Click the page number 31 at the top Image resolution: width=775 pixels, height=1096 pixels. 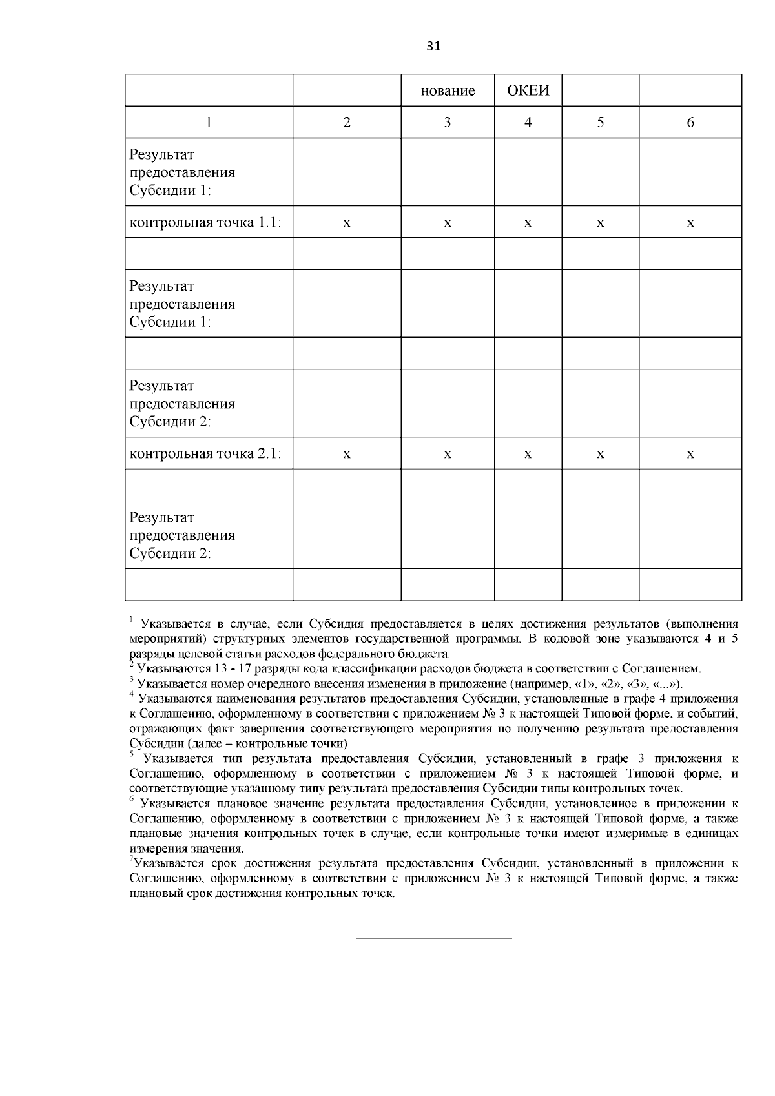(x=433, y=46)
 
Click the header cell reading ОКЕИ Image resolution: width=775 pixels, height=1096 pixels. (x=528, y=90)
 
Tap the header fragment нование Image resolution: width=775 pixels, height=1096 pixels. (x=448, y=91)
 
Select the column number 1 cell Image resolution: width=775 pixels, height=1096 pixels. (x=209, y=122)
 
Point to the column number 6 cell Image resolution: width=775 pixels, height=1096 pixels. (x=690, y=122)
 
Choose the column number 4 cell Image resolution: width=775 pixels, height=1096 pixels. (x=528, y=122)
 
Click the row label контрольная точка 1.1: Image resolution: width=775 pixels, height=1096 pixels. (x=205, y=222)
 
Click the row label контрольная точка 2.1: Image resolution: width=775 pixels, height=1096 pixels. (x=205, y=453)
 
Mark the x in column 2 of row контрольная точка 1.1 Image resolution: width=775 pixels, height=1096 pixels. (x=347, y=223)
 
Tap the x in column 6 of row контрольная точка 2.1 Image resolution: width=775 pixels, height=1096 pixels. (x=690, y=454)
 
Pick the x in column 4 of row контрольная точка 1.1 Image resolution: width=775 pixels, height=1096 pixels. (x=528, y=223)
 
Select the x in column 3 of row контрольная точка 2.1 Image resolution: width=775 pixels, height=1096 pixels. (x=448, y=454)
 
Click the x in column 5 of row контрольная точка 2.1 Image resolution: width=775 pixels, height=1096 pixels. (x=600, y=454)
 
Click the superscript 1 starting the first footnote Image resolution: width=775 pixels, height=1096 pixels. (x=130, y=620)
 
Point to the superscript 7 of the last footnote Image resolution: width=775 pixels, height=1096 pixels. (x=131, y=860)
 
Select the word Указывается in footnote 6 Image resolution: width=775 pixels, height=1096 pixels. (x=169, y=804)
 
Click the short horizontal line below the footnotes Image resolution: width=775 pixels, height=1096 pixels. (x=434, y=938)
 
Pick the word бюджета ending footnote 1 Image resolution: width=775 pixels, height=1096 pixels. (x=429, y=654)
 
